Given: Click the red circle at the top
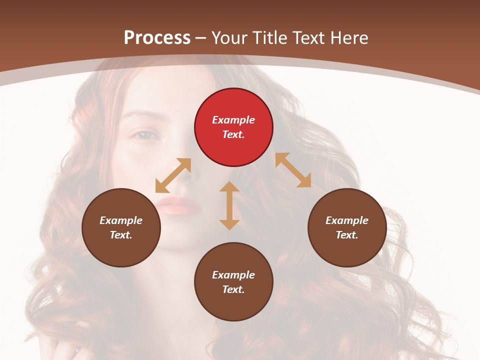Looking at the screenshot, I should (233, 127).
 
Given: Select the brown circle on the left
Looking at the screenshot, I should (121, 227).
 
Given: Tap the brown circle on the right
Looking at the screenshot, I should (347, 227).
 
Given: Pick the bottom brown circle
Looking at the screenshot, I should (233, 282).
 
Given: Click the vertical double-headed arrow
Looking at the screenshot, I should (229, 205).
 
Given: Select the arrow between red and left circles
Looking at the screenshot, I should (173, 175).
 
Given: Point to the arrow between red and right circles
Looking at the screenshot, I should (293, 170).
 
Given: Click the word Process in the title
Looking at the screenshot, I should (157, 37).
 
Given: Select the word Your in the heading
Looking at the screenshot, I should (229, 37).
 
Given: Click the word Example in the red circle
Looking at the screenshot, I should (233, 120).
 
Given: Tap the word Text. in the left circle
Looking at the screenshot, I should (121, 235).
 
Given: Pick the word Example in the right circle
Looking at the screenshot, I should (347, 220).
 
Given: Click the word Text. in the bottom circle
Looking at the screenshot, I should (233, 289).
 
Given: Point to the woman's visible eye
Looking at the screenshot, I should (144, 134).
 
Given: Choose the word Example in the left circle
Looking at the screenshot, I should (121, 220).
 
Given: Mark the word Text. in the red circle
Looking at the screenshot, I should (233, 134).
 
